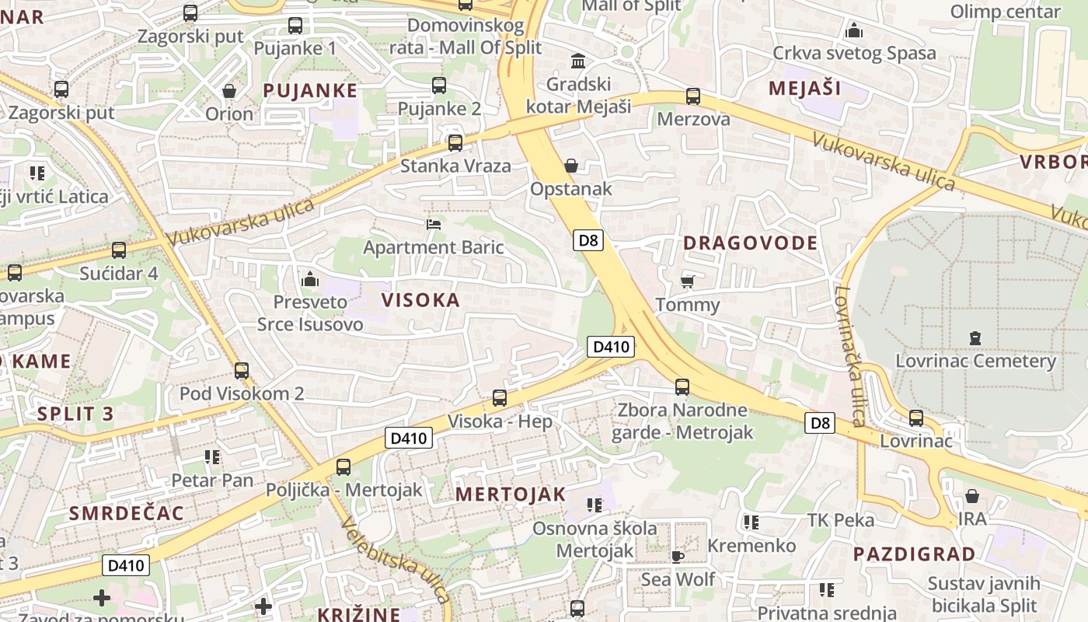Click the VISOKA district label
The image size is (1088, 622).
pyautogui.click(x=420, y=300)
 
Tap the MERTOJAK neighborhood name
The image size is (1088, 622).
pyautogui.click(x=511, y=494)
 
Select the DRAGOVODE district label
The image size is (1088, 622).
pyautogui.click(x=750, y=243)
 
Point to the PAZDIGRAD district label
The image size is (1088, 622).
pyautogui.click(x=914, y=554)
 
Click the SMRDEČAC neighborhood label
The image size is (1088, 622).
pyautogui.click(x=127, y=513)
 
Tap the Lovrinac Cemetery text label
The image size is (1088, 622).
pyautogui.click(x=975, y=362)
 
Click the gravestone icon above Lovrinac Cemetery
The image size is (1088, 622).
pyautogui.click(x=975, y=338)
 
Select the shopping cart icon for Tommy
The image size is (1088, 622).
pyautogui.click(x=687, y=281)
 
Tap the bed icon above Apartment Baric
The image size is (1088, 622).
pyautogui.click(x=434, y=225)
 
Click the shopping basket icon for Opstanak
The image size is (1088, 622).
pyautogui.click(x=571, y=166)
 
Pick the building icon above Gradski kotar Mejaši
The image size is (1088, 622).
pyautogui.click(x=578, y=61)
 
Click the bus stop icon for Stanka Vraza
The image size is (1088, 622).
pyautogui.click(x=455, y=143)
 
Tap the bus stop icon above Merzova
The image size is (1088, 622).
pyautogui.click(x=693, y=96)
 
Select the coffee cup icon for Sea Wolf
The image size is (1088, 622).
pyautogui.click(x=678, y=556)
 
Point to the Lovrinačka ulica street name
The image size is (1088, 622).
pyautogui.click(x=849, y=356)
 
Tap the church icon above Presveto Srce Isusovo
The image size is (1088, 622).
pyautogui.click(x=310, y=278)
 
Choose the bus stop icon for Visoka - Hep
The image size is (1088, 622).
pyautogui.click(x=500, y=398)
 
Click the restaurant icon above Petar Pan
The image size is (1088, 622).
pyautogui.click(x=212, y=457)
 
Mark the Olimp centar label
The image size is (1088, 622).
pyautogui.click(x=1006, y=12)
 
